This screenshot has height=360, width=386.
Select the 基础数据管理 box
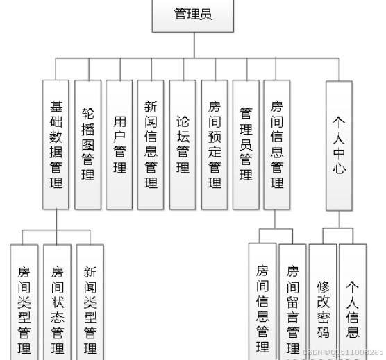point(56,144)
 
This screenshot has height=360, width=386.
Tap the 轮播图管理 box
point(88,144)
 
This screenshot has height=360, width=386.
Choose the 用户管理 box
point(119,144)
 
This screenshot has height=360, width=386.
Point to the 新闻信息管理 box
point(151,144)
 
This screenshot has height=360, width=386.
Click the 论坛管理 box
point(183,144)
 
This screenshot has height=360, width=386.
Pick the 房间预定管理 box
point(215,144)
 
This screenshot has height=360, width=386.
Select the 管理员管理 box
point(246,144)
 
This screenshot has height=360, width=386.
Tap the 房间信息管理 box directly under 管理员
point(277,144)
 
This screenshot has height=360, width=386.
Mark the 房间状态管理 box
point(58,302)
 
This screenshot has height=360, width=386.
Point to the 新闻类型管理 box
point(90,302)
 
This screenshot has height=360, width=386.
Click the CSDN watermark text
point(343,352)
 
